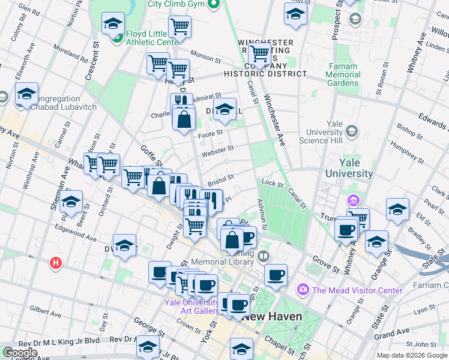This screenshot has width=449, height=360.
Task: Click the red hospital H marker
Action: click(x=56, y=263)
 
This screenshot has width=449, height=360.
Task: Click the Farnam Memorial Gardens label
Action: click(x=343, y=75)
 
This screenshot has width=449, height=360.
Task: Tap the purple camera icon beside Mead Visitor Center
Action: click(x=303, y=290)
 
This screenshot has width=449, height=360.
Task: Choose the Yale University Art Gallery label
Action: click(x=191, y=307)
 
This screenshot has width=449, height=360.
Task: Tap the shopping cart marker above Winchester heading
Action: click(x=260, y=53)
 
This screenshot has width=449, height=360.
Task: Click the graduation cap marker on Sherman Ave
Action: click(x=71, y=202)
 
